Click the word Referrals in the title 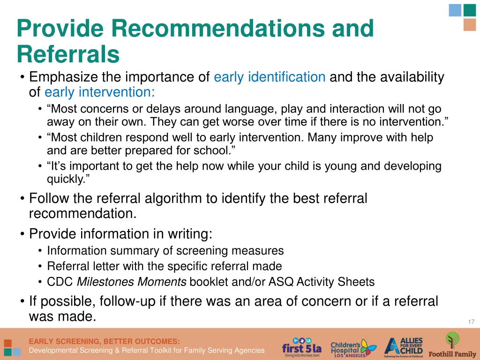(x=68, y=54)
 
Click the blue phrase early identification (x=270, y=77)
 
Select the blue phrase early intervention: (x=100, y=92)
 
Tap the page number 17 (x=471, y=322)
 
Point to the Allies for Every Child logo (x=404, y=347)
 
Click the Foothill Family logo (x=452, y=346)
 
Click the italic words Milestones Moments (x=132, y=282)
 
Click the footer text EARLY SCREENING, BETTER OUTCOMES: (x=104, y=341)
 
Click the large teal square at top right (x=469, y=10)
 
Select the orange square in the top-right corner (x=469, y=25)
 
